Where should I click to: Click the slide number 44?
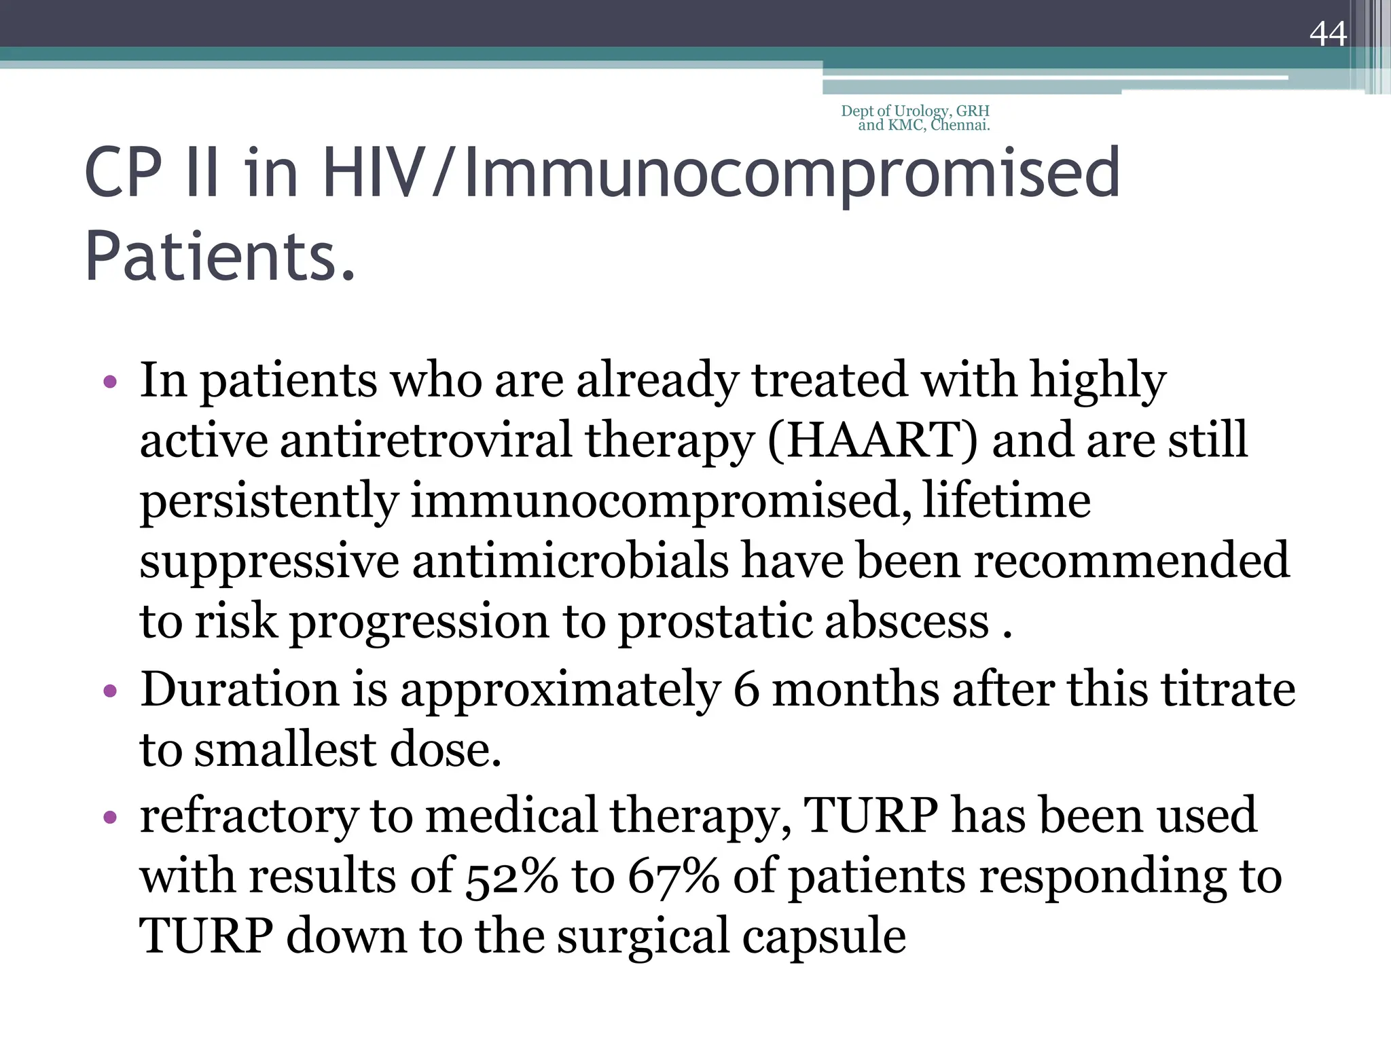[x=1328, y=33]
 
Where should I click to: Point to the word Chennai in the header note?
[x=960, y=125]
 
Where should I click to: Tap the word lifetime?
[x=1007, y=500]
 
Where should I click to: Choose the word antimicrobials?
[x=570, y=561]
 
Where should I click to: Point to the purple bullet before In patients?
[x=110, y=382]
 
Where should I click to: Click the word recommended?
[x=1132, y=561]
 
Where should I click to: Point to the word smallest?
[x=285, y=750]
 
